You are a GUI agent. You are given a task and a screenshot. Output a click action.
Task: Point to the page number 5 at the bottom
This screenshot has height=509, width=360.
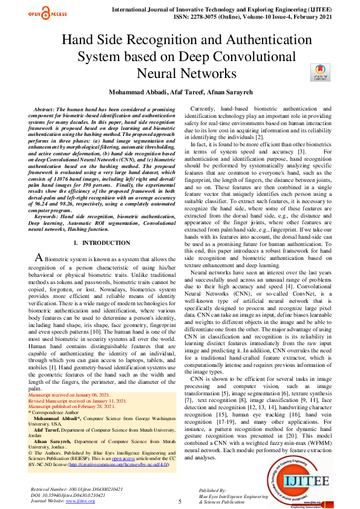tap(180, 501)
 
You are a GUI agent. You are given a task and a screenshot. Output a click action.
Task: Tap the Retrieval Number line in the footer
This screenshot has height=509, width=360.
tap(76, 488)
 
